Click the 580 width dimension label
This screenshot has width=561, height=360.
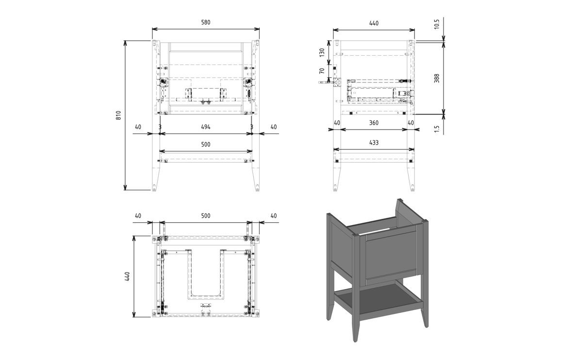click(x=206, y=22)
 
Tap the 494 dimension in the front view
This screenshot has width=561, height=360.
click(x=206, y=127)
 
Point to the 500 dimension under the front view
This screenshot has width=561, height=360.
click(x=206, y=145)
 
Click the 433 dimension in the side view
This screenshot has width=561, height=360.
click(x=374, y=143)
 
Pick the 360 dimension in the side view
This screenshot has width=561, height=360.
click(x=374, y=123)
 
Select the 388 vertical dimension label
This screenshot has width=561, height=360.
click(x=437, y=78)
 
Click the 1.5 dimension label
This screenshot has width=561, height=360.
click(x=437, y=129)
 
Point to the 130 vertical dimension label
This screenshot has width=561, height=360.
click(x=322, y=52)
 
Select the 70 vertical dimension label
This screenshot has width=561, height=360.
click(x=322, y=71)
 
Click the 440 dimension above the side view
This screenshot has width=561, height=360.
click(x=374, y=23)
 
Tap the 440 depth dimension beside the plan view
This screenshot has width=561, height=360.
click(x=127, y=277)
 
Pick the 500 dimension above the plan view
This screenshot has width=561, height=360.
click(x=206, y=215)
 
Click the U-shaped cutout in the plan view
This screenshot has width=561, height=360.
click(x=206, y=277)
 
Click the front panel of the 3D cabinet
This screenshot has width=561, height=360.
click(x=391, y=257)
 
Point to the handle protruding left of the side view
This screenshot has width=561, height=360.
click(x=323, y=82)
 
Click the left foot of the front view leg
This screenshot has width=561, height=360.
click(x=155, y=187)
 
